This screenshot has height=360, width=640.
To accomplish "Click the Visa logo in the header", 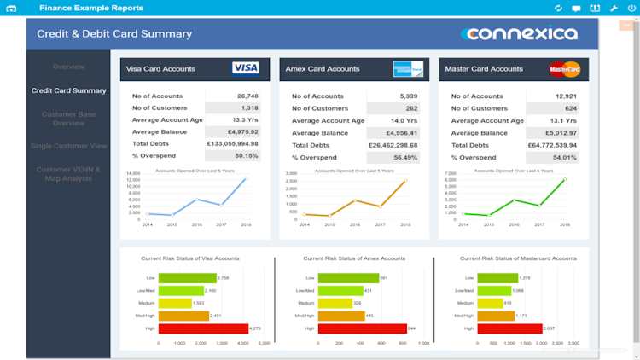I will [x=246, y=68].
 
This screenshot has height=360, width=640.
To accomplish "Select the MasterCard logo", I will [x=564, y=68].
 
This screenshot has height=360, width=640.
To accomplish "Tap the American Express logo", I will [x=407, y=68].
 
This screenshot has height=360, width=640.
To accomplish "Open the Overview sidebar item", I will [x=68, y=67].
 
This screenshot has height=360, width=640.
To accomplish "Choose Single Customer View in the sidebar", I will [x=68, y=146].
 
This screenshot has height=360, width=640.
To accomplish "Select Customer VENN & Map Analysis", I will [x=68, y=173].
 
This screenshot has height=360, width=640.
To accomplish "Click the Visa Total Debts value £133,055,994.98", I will [x=233, y=145].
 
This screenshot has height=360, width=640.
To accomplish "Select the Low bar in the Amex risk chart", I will [x=347, y=278].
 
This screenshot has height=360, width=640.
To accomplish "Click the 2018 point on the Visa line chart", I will [x=246, y=178].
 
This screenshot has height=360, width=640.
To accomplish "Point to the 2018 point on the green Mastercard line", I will [x=564, y=179].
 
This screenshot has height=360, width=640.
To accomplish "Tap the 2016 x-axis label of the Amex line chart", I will [x=355, y=224].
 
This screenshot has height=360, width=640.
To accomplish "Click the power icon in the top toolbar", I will [x=631, y=8].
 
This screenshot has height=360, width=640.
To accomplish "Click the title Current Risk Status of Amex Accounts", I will [x=354, y=258].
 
